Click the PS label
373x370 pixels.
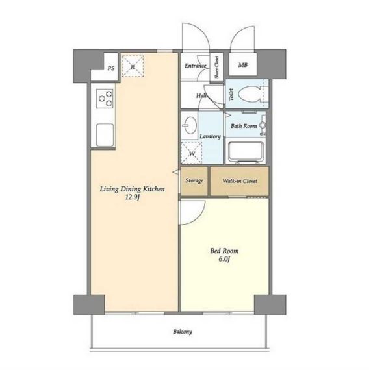point(111,68)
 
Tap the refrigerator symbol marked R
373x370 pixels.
point(133,66)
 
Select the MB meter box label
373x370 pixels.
point(243,65)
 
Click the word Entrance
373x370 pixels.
point(196,66)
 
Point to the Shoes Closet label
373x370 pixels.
point(216,68)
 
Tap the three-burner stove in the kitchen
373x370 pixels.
point(105,99)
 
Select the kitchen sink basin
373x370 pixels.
point(105,135)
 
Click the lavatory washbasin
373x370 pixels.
point(189,125)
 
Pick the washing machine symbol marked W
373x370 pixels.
point(192,153)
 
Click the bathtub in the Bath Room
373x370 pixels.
point(246,152)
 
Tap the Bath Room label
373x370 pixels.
point(244,126)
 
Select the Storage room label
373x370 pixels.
point(194,180)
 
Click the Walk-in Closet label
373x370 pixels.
point(240,181)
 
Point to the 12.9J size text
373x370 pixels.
point(133,197)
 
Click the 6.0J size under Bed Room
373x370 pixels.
point(224,259)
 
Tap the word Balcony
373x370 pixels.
point(183,332)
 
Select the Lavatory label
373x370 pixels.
point(210,136)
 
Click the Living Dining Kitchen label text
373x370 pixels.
point(133,189)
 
